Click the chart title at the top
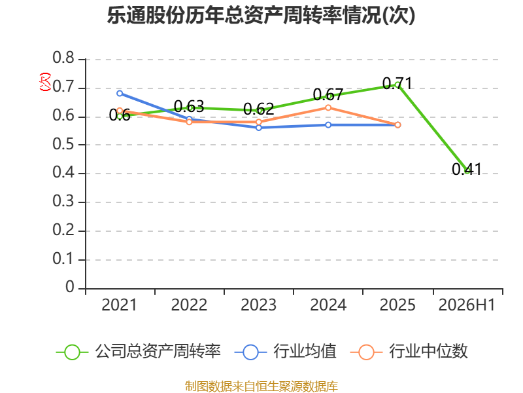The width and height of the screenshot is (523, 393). pos(261,15)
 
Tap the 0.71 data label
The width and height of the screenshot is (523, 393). pos(397,84)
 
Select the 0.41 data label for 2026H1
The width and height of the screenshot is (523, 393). pos(467,169)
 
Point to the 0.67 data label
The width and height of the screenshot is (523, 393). pos(328,95)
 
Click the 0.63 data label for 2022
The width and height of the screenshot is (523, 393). pos(189,107)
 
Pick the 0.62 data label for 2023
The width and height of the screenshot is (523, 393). pos(258,109)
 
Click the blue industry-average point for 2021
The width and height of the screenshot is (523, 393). pos(120,93)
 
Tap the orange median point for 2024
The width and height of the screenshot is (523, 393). pos(328,107)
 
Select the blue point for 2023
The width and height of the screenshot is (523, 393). pos(259,128)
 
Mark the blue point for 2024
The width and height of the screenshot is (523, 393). pos(328,124)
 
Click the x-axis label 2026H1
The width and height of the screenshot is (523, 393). pos(467,305)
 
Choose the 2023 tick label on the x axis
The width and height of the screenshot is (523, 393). pos(258,305)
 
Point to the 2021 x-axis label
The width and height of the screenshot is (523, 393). pos(119,305)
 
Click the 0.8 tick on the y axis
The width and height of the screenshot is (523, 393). pos(63,58)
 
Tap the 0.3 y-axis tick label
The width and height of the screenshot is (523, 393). pos(63,201)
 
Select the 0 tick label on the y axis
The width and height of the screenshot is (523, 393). pos(70,287)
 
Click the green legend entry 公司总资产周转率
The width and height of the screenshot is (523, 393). pos(139,352)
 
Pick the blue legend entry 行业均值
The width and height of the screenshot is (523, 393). pos(286,352)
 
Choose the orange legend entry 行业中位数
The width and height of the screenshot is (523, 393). pos(409,352)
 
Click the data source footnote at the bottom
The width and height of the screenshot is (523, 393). pos(261,386)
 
